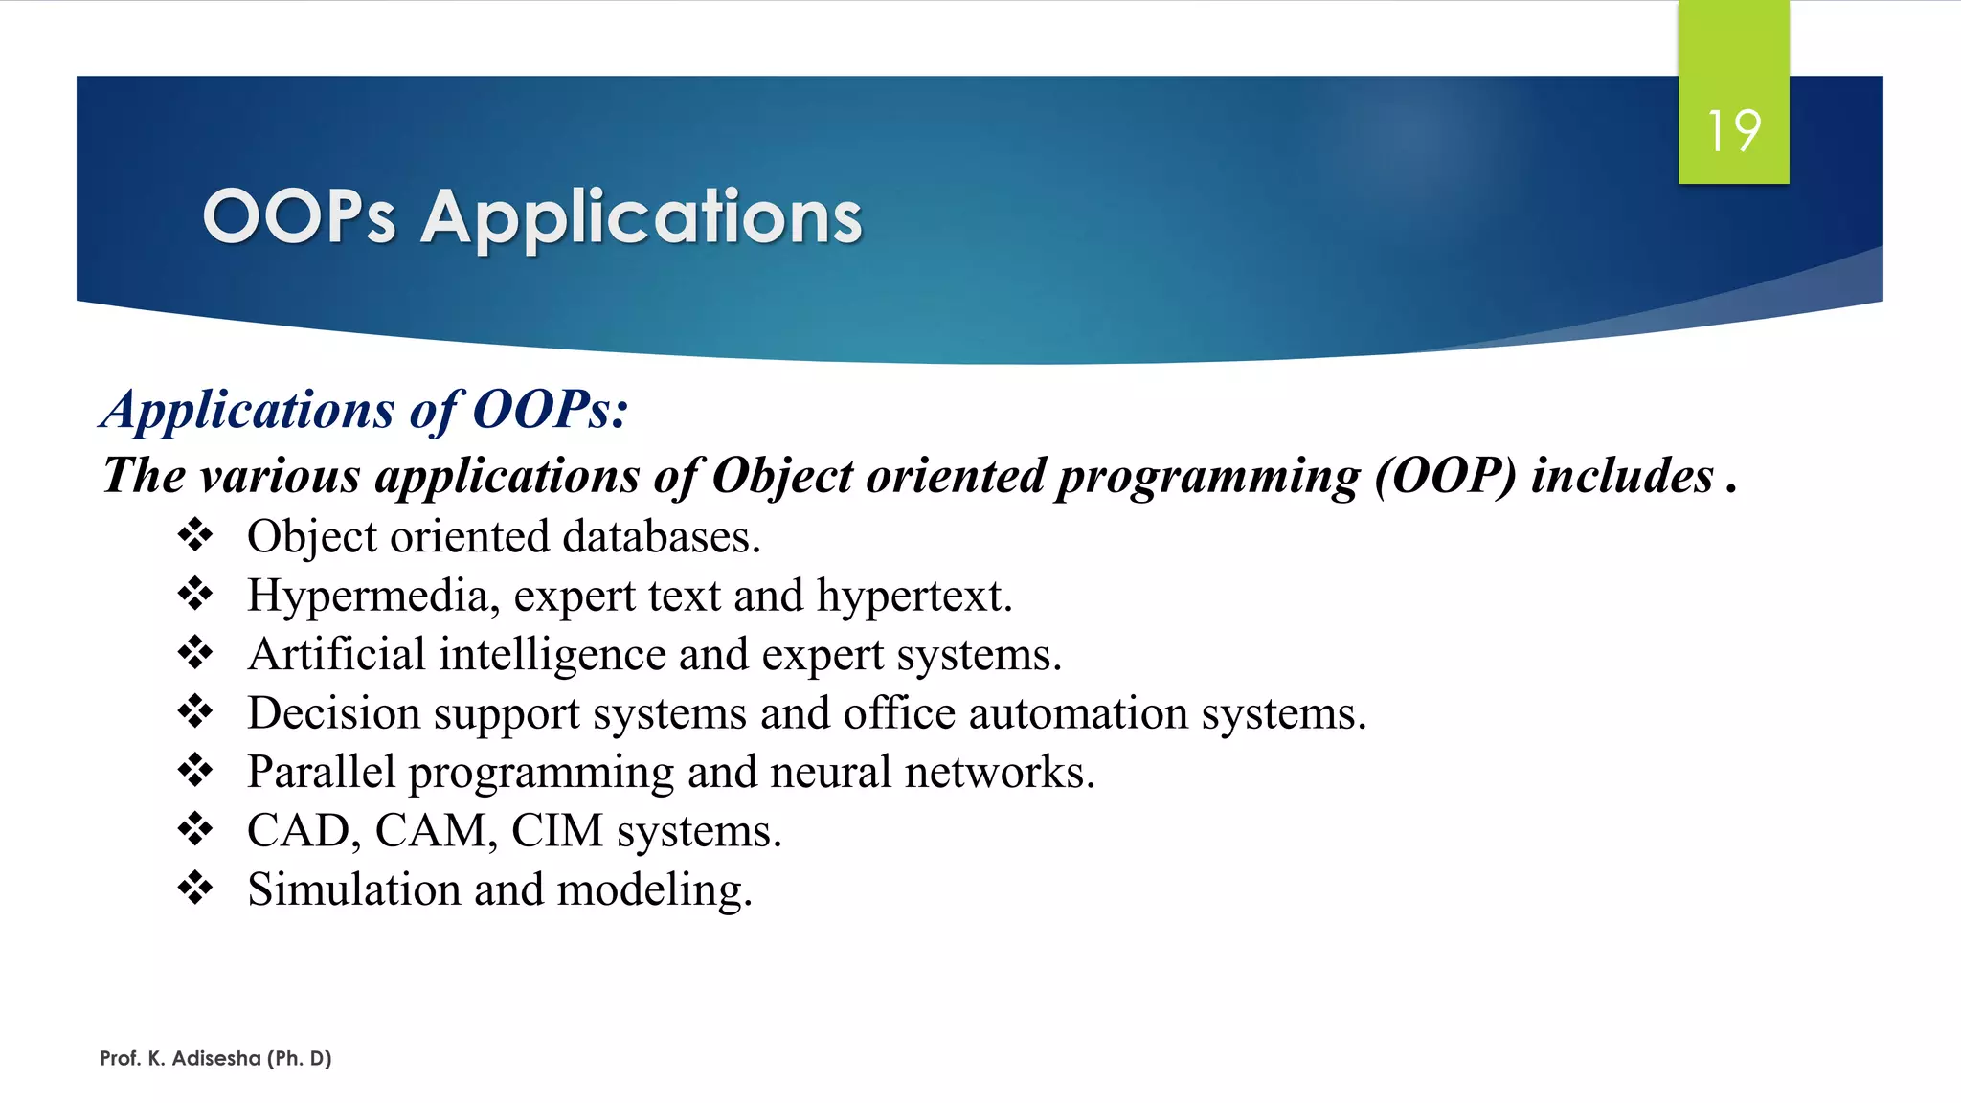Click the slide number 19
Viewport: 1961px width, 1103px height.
click(x=1733, y=131)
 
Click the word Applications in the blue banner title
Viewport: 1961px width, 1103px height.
click(x=642, y=218)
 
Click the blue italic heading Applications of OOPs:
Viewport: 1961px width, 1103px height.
click(x=365, y=410)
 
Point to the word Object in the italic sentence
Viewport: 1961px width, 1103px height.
click(x=781, y=477)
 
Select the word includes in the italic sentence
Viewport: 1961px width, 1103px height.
click(x=1622, y=477)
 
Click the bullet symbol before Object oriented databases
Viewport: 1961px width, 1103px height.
click(x=195, y=535)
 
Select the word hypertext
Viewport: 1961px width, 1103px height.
click(x=913, y=597)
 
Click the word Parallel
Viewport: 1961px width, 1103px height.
click(x=321, y=773)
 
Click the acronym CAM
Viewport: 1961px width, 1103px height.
click(x=435, y=831)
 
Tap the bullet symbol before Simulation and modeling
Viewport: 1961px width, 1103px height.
click(x=195, y=888)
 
